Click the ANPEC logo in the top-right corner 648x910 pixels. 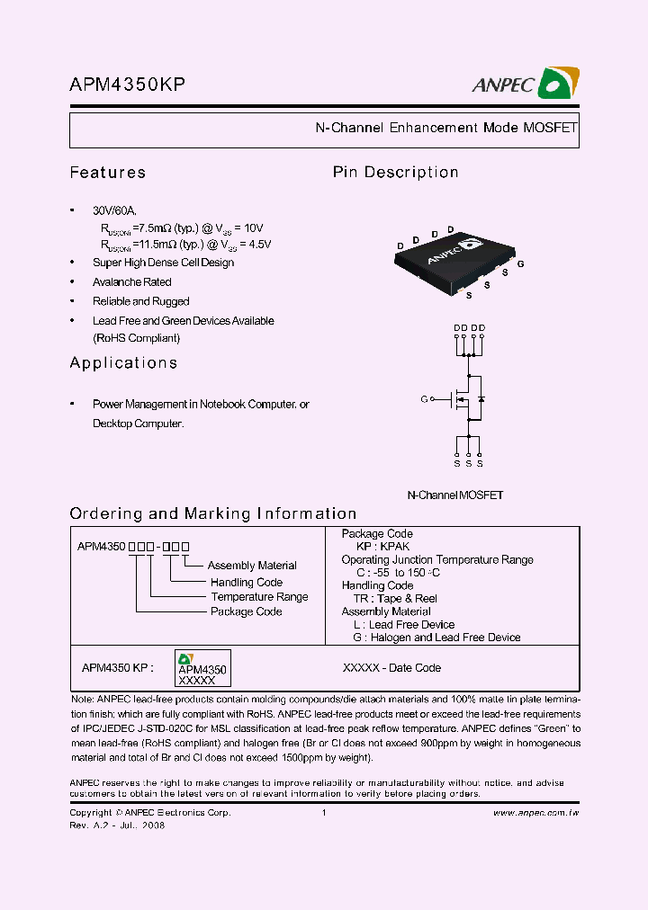(526, 85)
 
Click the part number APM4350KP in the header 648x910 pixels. (128, 85)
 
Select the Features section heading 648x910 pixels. (107, 173)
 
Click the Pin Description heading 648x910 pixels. (395, 173)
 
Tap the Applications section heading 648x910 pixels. (123, 363)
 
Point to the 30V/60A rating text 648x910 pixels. (115, 210)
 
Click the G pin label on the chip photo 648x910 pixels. (521, 263)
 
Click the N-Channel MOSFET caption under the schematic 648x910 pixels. (454, 495)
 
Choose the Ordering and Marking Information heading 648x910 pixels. (213, 514)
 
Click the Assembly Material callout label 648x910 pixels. (252, 566)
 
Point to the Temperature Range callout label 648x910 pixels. (259, 596)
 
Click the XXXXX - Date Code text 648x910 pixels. (391, 668)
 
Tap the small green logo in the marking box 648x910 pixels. (184, 658)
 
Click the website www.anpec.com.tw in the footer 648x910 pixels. (535, 813)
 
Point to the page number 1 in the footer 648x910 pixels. (323, 813)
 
